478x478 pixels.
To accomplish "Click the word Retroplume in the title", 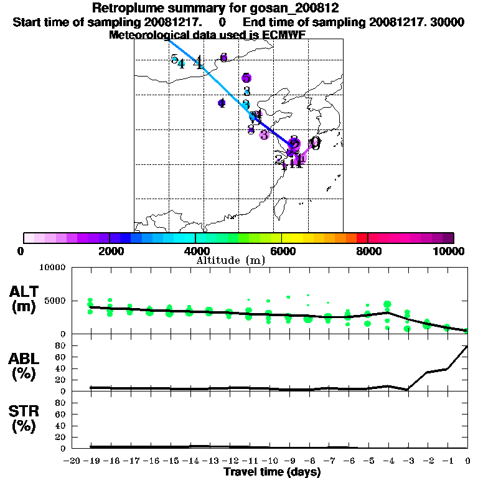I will [x=127, y=8].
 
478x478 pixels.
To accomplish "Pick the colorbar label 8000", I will [x=367, y=251].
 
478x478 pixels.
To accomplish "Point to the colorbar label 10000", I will [x=449, y=251].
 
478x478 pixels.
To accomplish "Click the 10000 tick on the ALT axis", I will [x=52, y=268].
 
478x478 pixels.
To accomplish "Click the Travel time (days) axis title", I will [x=272, y=472].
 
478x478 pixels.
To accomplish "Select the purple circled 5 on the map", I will [x=246, y=78].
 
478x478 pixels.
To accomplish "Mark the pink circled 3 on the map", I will [x=264, y=135].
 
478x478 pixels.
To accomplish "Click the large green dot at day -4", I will [x=388, y=304].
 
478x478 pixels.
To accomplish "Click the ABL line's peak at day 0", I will [x=467, y=346].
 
